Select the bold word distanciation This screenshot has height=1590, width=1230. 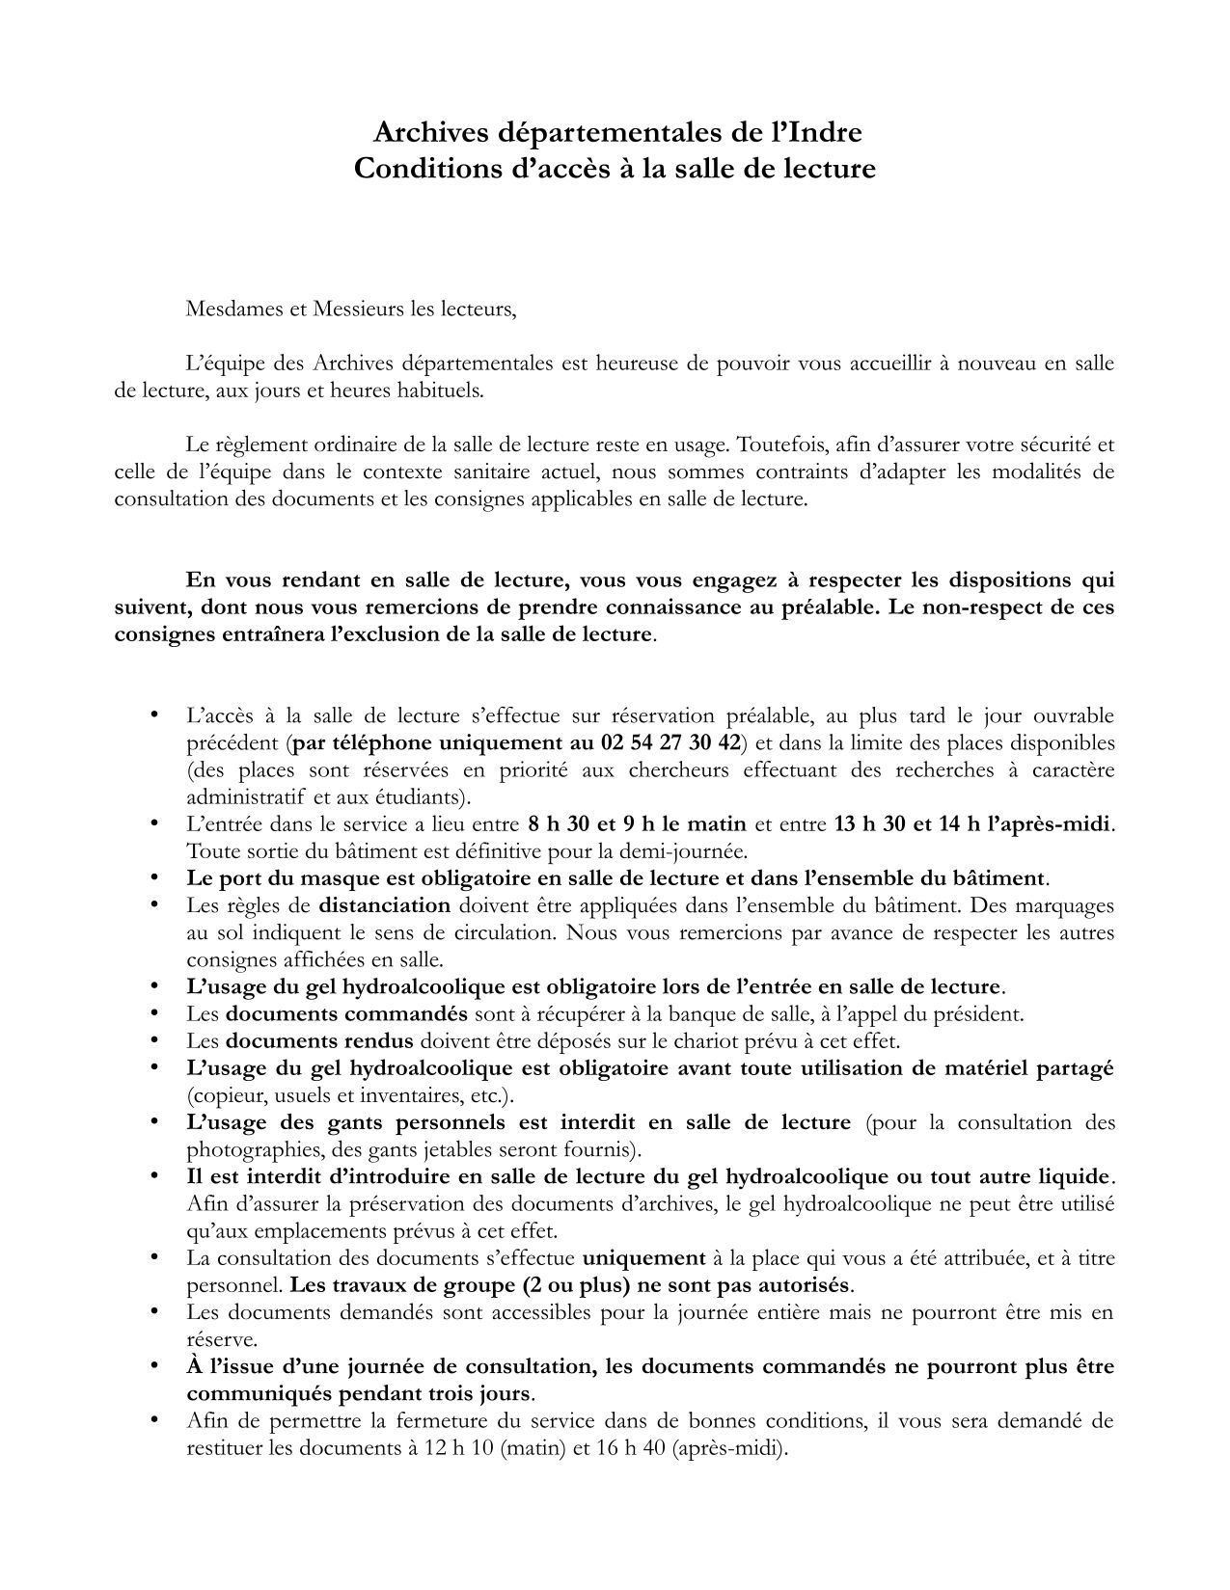click(385, 905)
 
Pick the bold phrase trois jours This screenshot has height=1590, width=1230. click(480, 1393)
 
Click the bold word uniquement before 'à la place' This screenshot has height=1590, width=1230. click(643, 1258)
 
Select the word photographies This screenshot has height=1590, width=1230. click(242, 1149)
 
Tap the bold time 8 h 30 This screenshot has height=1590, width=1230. click(562, 824)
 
